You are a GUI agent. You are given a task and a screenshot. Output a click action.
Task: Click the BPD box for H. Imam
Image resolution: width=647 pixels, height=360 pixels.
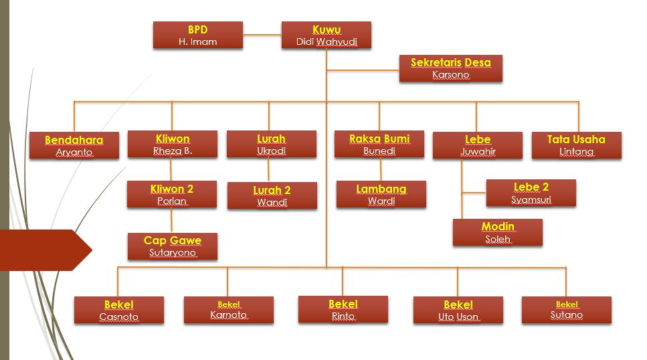pos(198,35)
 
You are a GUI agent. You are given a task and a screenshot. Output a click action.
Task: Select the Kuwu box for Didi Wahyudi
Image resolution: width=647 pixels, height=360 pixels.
pos(327,35)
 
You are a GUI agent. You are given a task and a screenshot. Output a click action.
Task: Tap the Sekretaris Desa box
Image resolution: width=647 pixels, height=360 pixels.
pos(450,68)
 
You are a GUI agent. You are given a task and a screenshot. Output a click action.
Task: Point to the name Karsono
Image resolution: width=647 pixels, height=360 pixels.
pos(450,75)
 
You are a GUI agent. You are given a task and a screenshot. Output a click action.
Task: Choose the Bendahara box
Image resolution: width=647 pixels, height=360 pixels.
pos(74,145)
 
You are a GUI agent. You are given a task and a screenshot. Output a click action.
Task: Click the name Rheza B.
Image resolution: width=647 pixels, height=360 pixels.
pos(173,151)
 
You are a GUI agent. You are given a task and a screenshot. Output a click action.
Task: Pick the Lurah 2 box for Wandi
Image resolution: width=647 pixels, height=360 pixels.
pos(272,195)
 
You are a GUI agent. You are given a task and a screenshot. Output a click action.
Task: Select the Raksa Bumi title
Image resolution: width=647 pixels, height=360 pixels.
pos(379,139)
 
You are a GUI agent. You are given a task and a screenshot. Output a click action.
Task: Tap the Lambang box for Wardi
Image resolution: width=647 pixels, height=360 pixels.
pos(381,194)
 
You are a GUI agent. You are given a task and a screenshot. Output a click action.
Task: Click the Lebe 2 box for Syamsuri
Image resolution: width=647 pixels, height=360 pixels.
pos(531,193)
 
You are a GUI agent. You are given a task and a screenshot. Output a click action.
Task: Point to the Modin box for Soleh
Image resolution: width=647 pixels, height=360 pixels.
pos(498,232)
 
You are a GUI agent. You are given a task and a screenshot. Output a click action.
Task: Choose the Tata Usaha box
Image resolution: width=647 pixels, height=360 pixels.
pos(577,145)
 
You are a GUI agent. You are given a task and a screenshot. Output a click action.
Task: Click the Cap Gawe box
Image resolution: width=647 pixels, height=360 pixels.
pos(173,246)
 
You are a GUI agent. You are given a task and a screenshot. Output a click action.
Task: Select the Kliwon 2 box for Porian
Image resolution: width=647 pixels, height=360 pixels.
pos(172,194)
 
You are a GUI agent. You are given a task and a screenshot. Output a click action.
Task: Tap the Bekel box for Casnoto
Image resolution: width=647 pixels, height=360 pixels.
pos(119,310)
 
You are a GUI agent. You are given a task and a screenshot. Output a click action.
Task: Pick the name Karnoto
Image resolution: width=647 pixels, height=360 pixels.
pos(229,315)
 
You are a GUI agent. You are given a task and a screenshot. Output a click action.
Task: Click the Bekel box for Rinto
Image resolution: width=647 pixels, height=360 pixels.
pos(343,309)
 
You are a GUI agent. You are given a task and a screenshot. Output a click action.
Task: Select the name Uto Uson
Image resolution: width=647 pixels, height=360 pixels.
pos(458,317)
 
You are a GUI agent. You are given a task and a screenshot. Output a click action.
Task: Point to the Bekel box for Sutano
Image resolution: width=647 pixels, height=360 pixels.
pos(567,310)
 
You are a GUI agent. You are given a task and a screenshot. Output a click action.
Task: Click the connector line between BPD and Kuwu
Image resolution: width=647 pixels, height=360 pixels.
pos(262,35)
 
